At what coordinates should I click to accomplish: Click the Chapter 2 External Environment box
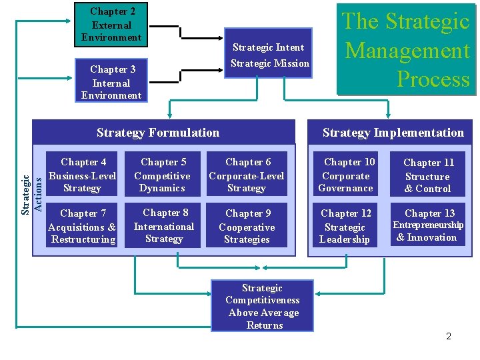pos(111,25)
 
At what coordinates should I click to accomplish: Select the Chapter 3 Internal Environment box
pos(111,83)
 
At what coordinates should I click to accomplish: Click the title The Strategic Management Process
pos(406,51)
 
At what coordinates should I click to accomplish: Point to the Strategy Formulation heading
pos(158,133)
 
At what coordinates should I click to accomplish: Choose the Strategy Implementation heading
pos(393,133)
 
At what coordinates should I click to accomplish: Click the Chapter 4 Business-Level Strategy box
pos(83,175)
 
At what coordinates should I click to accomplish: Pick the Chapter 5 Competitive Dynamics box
pos(163,175)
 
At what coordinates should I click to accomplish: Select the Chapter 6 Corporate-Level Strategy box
pos(247,175)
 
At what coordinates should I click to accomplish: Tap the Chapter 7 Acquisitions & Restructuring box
pos(83,227)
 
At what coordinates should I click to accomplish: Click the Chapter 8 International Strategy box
pos(165,226)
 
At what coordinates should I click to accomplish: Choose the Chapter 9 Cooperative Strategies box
pos(247,227)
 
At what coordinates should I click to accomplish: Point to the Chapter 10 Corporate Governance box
pos(346,175)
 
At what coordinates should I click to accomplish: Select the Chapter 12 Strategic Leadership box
pos(345,227)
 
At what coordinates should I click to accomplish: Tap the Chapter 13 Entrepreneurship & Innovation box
pos(428,225)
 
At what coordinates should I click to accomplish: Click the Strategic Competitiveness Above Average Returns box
pos(263,307)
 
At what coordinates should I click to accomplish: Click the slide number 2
pos(449,336)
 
